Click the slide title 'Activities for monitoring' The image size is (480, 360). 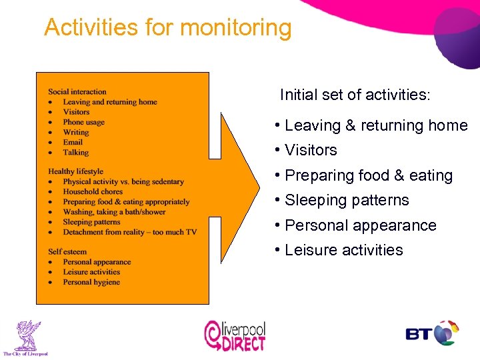tap(168, 28)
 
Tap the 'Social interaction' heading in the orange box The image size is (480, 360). tap(77, 92)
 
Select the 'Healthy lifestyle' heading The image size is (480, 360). tap(75, 171)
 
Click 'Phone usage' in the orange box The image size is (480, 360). tap(84, 122)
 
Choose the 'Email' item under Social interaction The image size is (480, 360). tap(73, 142)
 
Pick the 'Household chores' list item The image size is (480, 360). tap(93, 191)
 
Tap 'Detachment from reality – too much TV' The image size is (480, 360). tap(129, 232)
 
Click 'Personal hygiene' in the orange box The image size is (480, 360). tap(91, 282)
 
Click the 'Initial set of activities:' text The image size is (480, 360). tap(355, 95)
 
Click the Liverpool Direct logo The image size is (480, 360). tap(235, 335)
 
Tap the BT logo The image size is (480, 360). tap(433, 333)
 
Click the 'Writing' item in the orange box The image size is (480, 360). tap(75, 132)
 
